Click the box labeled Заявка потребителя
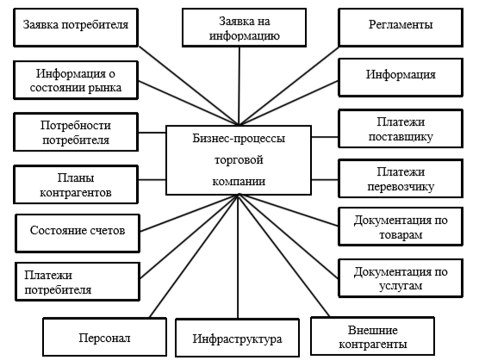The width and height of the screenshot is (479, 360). (76, 28)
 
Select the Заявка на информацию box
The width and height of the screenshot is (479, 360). (244, 28)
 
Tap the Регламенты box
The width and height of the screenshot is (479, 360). (401, 28)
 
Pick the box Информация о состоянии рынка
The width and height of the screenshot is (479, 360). (76, 80)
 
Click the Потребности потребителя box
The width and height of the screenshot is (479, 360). (76, 132)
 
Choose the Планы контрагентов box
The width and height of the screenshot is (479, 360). (76, 184)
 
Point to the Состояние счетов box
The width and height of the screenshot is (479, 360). (78, 233)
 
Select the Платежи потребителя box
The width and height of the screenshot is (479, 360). (78, 282)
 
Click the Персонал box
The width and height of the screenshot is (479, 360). (105, 337)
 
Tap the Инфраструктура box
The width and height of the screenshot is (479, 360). (238, 338)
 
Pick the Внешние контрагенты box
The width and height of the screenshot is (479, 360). (373, 336)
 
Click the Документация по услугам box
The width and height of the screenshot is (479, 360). (401, 278)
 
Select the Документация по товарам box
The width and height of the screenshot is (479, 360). (401, 227)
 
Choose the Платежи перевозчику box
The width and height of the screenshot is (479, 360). (401, 178)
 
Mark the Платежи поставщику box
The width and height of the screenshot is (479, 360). (401, 128)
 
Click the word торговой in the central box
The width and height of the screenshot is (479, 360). (239, 159)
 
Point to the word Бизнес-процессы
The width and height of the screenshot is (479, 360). (239, 139)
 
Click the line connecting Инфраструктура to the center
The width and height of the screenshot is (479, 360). (238, 257)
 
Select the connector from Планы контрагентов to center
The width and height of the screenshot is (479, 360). (152, 179)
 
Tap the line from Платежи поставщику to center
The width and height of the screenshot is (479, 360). (325, 137)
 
